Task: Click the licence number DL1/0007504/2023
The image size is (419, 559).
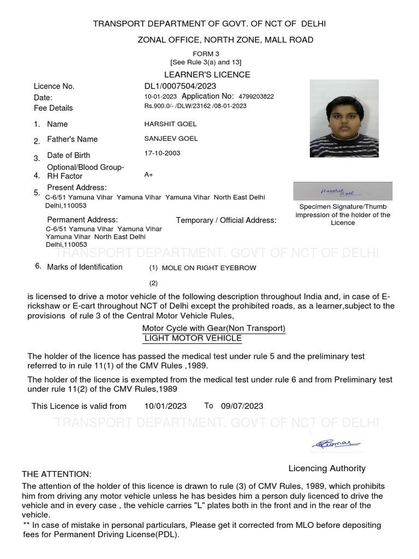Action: pyautogui.click(x=180, y=86)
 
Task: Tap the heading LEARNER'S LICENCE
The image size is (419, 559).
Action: pyautogui.click(x=207, y=74)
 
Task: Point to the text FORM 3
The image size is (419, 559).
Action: pyautogui.click(x=206, y=53)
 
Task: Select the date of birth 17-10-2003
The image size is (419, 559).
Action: pyautogui.click(x=162, y=153)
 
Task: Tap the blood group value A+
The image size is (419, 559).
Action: pyautogui.click(x=148, y=175)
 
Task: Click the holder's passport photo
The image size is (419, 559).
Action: pyautogui.click(x=344, y=118)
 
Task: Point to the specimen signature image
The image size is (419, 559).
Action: pyautogui.click(x=342, y=191)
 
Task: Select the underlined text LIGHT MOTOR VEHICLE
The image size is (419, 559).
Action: pyautogui.click(x=193, y=338)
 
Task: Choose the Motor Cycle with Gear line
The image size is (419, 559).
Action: pyautogui.click(x=213, y=328)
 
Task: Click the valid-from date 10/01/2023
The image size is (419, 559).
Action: pyautogui.click(x=165, y=406)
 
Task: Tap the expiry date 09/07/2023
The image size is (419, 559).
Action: pyautogui.click(x=242, y=406)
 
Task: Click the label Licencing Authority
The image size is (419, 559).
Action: pyautogui.click(x=327, y=468)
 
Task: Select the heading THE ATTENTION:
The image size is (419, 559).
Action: pyautogui.click(x=57, y=474)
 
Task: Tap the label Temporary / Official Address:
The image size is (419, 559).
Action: pyautogui.click(x=226, y=221)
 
